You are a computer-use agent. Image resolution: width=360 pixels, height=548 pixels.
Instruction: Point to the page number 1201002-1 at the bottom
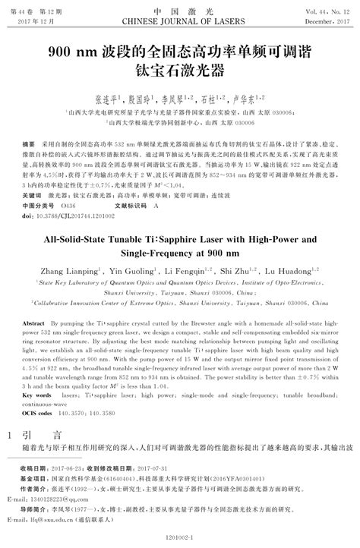[179, 535]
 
